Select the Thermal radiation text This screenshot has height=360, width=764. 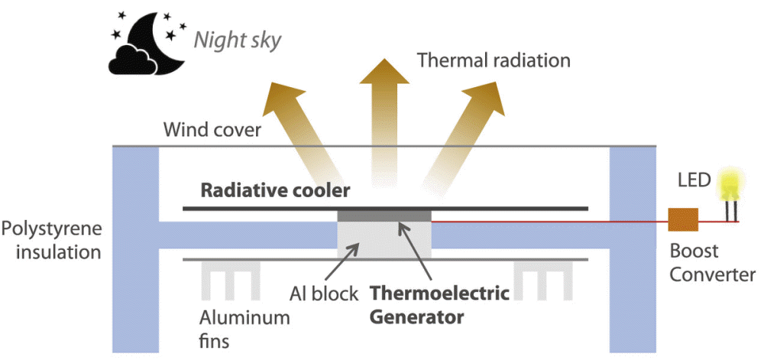coord(483,60)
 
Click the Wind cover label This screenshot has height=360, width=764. coord(212,129)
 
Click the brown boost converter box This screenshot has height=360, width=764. coord(682,219)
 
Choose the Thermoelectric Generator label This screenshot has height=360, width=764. coord(439,304)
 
